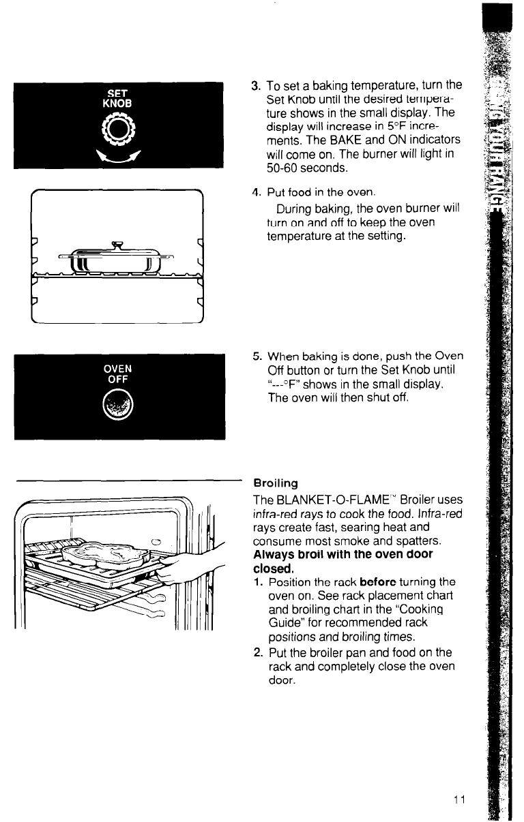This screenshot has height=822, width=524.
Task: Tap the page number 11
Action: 457,800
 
